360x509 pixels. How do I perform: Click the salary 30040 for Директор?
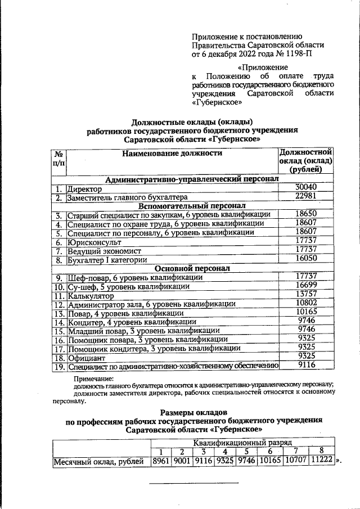point(306,187)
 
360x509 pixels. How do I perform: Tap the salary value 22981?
point(306,196)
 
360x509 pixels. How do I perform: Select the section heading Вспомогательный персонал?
point(192,205)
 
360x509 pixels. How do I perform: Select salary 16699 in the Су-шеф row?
point(306,286)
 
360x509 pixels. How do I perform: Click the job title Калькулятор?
point(91,295)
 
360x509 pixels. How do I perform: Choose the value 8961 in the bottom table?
point(160,461)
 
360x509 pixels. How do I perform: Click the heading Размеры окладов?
point(193,411)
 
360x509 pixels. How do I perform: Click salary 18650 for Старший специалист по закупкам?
point(306,214)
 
